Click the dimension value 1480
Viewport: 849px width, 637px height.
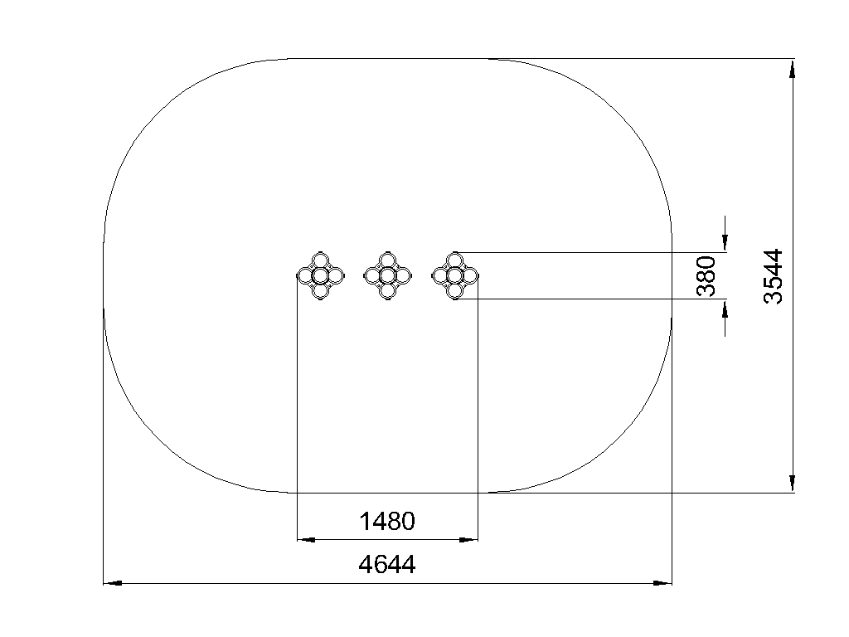tap(387, 521)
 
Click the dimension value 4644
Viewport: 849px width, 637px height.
tap(387, 564)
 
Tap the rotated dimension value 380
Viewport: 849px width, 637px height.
tap(706, 276)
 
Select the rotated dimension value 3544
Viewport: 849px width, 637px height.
tap(774, 276)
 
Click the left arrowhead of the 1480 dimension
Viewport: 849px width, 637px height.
tap(307, 539)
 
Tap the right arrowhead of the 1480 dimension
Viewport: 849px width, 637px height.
tap(469, 539)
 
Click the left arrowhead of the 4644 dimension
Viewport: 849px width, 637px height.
tap(113, 583)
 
